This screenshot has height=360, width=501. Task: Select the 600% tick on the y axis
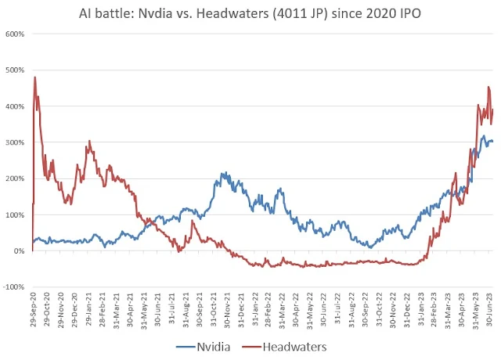pyautogui.click(x=16, y=34)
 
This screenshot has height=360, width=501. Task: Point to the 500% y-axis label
pyautogui.click(x=16, y=70)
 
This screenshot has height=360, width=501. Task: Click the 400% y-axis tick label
pyautogui.click(x=16, y=106)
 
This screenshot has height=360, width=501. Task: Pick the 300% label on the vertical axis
pyautogui.click(x=16, y=142)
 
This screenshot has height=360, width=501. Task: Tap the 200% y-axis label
pyautogui.click(x=16, y=178)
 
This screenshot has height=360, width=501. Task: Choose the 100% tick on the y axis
pyautogui.click(x=16, y=214)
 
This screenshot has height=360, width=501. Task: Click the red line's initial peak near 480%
pyautogui.click(x=35, y=77)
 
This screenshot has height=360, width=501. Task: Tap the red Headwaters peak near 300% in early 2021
pyautogui.click(x=89, y=142)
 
